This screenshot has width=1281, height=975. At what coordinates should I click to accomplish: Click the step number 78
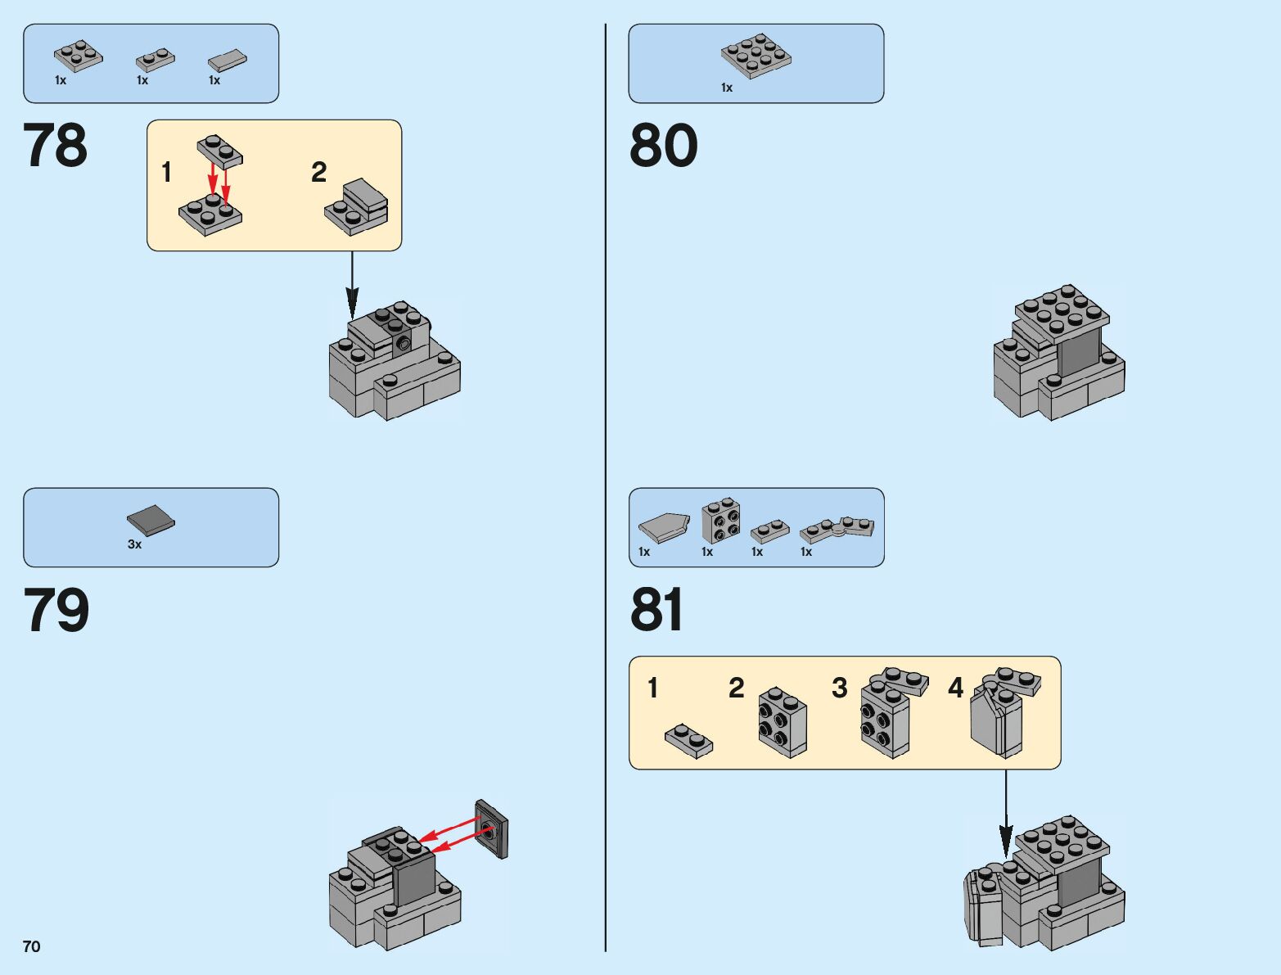coord(55,146)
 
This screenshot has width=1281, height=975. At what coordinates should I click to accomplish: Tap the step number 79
coord(56,611)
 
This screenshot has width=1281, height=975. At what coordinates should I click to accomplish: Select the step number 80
coord(663,146)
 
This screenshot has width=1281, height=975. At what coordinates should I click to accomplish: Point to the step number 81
coord(656,611)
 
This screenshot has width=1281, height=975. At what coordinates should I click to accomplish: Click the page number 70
coord(31,946)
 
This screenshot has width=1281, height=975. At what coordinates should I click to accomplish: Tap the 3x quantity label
coord(134,544)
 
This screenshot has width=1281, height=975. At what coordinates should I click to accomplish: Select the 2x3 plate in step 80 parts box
coord(756,56)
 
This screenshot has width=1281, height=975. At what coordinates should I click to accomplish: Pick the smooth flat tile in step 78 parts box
coord(227,61)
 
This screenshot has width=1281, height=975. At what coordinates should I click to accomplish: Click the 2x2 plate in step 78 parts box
coord(79,56)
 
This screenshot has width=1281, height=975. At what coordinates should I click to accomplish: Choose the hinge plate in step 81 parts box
coord(837,529)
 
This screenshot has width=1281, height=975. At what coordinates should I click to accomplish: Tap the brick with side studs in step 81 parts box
coord(721,520)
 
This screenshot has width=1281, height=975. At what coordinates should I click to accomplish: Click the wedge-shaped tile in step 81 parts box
coord(665,528)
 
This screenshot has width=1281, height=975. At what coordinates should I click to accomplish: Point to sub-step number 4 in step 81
coord(955,688)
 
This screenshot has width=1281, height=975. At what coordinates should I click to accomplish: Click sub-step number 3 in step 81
coord(839,688)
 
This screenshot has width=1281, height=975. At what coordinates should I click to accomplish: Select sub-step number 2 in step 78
coord(318,172)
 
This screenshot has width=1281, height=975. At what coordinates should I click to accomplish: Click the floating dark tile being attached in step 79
coord(491,828)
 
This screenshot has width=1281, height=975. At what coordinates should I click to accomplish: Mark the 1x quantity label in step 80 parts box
coord(726,88)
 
